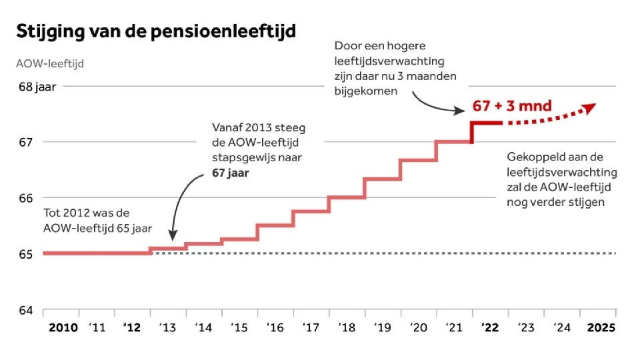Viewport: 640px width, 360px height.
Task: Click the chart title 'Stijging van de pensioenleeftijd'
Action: pos(156,31)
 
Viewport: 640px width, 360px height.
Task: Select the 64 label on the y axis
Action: pos(24,309)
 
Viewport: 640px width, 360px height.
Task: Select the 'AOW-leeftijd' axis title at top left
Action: pos(50,64)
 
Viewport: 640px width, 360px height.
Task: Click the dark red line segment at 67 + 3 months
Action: pos(487,123)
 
